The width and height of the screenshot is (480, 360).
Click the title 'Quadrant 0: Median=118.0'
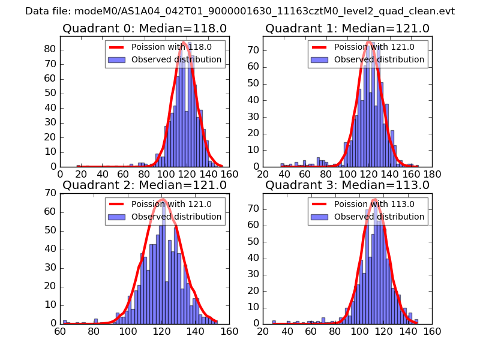click(x=145, y=28)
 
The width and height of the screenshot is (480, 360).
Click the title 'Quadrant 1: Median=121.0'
click(x=347, y=28)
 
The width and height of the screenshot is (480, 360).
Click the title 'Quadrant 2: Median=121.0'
click(x=145, y=185)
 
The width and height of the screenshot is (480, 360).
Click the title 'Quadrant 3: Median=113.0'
click(x=347, y=185)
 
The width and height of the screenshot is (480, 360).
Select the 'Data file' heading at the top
click(x=240, y=11)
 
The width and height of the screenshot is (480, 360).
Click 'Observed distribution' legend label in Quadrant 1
click(x=379, y=59)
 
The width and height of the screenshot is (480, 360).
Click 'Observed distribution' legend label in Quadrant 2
click(x=176, y=217)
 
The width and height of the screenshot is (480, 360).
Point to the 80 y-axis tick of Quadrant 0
click(x=50, y=49)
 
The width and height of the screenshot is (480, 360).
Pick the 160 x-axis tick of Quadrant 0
click(x=229, y=174)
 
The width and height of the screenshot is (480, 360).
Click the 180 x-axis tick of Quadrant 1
click(x=432, y=174)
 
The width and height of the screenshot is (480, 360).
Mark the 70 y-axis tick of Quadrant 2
click(x=50, y=193)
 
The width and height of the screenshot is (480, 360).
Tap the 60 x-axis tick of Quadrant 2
click(x=60, y=331)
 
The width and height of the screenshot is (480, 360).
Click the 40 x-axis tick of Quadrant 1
click(x=284, y=174)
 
